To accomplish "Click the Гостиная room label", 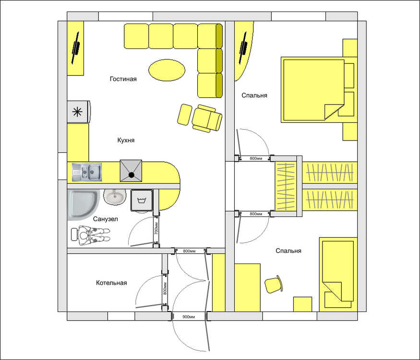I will click(x=123, y=79).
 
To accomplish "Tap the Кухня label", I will click(x=126, y=141).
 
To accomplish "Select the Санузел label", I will click(x=105, y=219).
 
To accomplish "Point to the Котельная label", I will click(x=111, y=283).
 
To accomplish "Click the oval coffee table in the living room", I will click(x=166, y=70).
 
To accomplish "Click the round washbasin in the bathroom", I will click(x=114, y=196).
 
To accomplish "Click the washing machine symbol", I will click(x=141, y=200).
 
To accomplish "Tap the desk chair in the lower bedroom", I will click(x=273, y=284).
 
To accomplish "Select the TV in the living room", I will click(x=76, y=48).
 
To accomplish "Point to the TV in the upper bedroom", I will click(x=244, y=48).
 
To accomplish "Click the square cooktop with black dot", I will click(x=131, y=171).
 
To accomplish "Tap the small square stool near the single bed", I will click(x=303, y=305).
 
